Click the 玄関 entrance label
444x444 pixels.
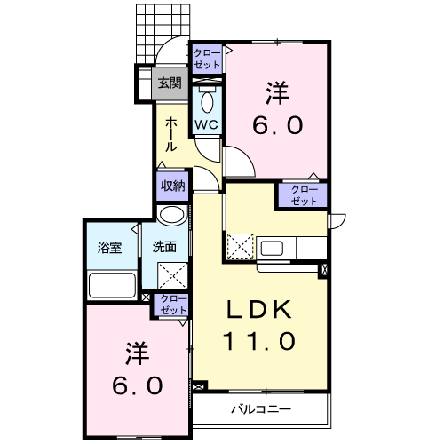coord(170,83)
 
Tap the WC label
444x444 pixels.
coord(206,124)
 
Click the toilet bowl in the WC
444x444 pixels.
coord(207,101)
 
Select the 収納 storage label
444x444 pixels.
coord(173,186)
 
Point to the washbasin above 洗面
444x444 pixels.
coord(172,216)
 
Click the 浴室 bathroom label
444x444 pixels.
coord(110,248)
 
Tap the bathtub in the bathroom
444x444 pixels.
coord(112,285)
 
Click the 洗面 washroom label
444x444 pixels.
coord(164,247)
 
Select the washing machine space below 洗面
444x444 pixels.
coord(173,275)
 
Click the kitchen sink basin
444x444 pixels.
coord(272,248)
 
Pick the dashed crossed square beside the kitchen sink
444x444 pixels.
coord(241,246)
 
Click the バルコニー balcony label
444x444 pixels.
coord(261,409)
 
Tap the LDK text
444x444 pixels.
coord(258,310)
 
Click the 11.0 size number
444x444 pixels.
coord(259,341)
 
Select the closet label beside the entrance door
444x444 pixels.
coord(207,59)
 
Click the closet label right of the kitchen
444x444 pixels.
coord(304,195)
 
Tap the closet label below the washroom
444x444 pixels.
coord(173,305)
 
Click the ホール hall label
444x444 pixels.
coord(171,134)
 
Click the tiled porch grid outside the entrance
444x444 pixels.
coord(163,33)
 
